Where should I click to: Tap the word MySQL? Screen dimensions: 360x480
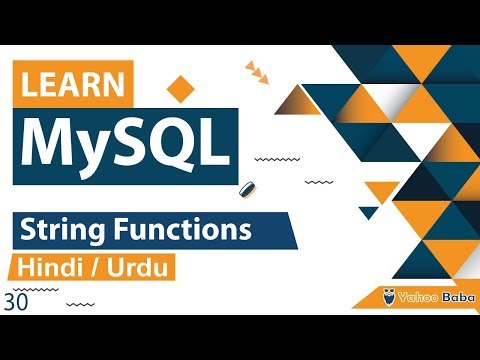[120, 145]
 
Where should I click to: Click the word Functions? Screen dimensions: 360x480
[182, 232]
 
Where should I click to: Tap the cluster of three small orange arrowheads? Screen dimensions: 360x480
[257, 70]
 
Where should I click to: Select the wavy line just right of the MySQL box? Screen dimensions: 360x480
[270, 158]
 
